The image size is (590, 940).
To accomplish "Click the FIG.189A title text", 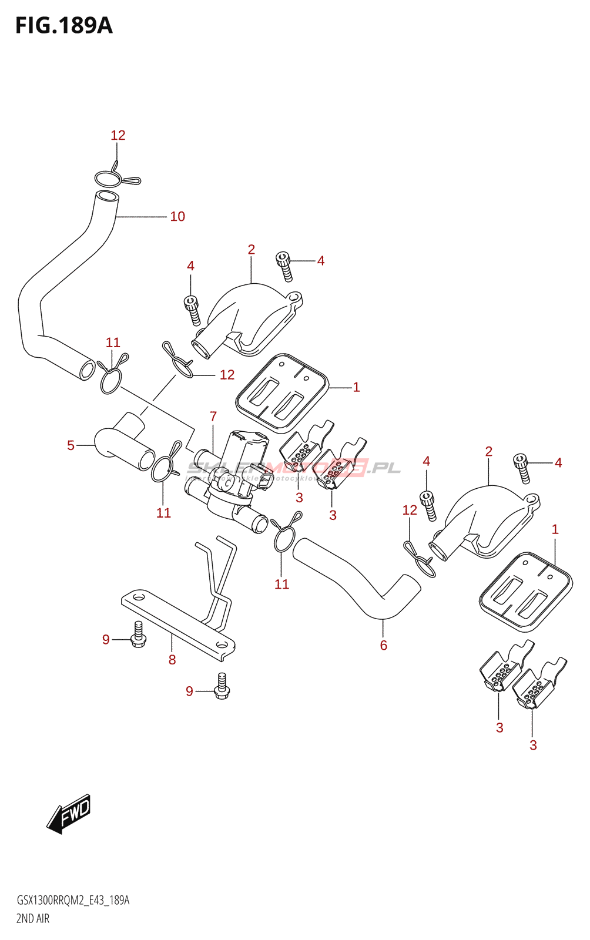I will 63,25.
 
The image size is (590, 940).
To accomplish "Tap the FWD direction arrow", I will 69,814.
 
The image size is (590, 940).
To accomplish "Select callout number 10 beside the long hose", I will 177,217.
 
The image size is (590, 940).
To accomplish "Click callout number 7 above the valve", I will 213,417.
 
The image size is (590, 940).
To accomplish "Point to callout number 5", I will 71,445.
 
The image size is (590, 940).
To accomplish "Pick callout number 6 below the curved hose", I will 383,646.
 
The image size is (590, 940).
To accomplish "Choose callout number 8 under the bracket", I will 172,660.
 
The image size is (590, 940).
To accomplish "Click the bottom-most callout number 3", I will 533,746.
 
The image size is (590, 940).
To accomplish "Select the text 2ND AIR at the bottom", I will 33,918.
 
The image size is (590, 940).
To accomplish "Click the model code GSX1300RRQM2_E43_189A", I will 73,900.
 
